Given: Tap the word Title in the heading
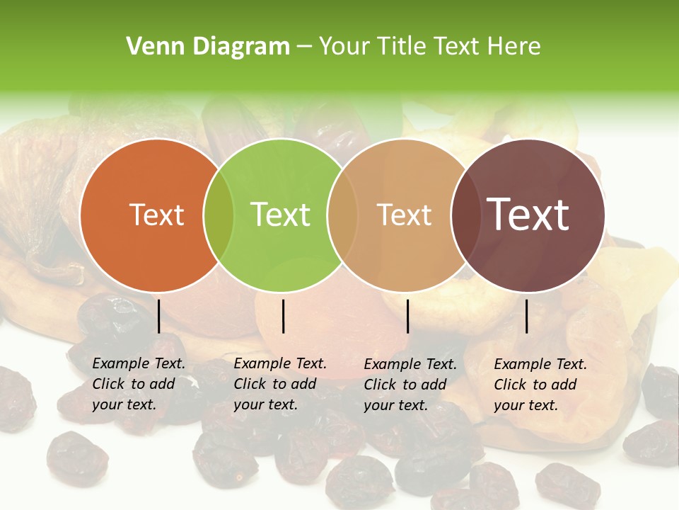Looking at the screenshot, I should (402, 47).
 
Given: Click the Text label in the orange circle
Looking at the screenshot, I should (156, 215).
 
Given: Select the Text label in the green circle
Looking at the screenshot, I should (281, 215).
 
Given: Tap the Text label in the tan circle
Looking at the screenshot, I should (404, 215).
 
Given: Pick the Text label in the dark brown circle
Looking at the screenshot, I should (528, 215).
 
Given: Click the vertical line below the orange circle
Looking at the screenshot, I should (158, 316).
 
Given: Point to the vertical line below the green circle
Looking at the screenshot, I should (283, 316).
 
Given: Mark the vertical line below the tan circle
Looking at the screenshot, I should (407, 316).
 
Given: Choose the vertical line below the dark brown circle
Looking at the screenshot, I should (527, 316).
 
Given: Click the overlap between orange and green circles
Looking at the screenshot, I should (219, 215).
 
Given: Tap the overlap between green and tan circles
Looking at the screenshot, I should (342, 215).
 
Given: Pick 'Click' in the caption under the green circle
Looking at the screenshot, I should (250, 385).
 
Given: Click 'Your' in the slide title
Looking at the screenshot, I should (346, 47).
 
